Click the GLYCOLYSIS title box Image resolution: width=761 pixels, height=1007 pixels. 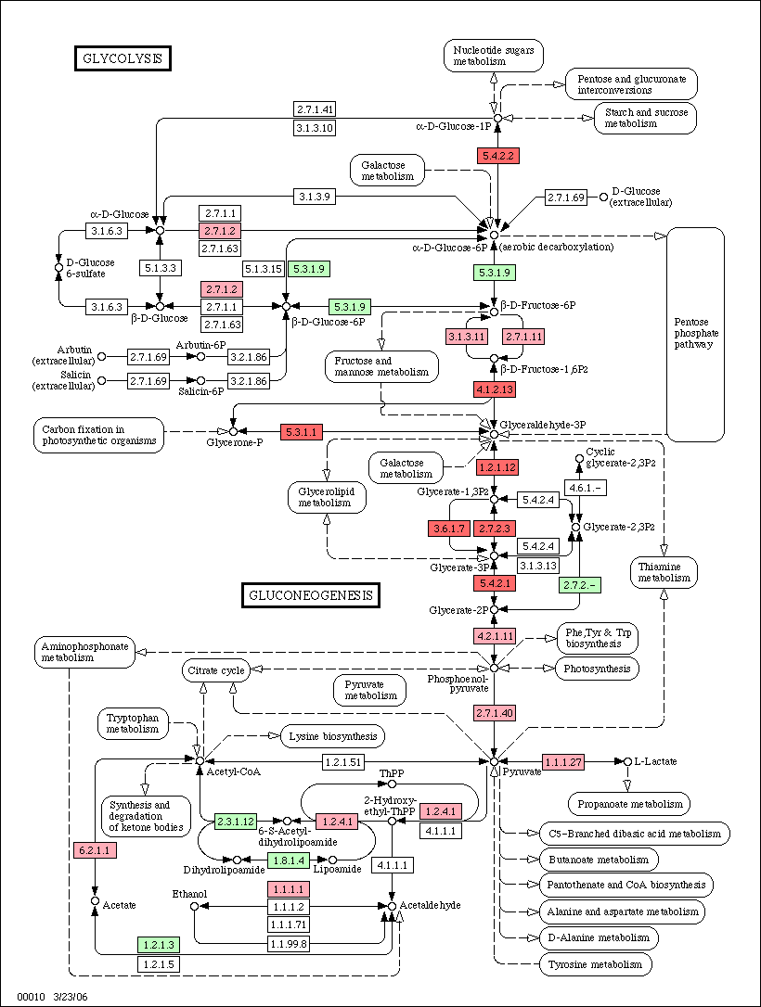click(x=123, y=57)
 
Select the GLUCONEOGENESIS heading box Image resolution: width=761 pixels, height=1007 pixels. click(x=311, y=595)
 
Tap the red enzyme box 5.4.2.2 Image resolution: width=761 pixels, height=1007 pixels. click(x=497, y=156)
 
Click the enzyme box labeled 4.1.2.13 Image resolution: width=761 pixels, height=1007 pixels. click(x=495, y=389)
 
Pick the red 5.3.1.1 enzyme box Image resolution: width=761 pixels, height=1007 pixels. click(x=302, y=431)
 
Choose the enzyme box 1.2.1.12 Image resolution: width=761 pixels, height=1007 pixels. click(x=497, y=467)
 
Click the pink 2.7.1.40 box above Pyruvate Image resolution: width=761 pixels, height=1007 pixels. click(x=495, y=713)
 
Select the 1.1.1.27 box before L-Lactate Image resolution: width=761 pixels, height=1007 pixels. click(x=563, y=762)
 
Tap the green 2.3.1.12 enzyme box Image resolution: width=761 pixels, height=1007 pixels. click(x=236, y=822)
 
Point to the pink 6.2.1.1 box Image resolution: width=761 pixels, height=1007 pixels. click(x=95, y=850)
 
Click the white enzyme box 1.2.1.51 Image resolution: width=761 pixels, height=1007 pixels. click(x=343, y=762)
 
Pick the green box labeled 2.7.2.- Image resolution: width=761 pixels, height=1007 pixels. click(x=580, y=584)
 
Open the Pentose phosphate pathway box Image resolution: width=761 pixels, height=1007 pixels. click(x=695, y=334)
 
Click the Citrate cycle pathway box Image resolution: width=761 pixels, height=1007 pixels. click(x=216, y=670)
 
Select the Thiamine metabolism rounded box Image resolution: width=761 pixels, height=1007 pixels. click(x=664, y=572)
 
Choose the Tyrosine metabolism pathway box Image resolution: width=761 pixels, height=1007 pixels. click(x=595, y=964)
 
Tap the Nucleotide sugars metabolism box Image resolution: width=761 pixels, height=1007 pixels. click(x=494, y=56)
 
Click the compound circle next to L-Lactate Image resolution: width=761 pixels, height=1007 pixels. click(x=627, y=761)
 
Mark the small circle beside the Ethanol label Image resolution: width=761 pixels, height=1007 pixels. click(x=195, y=906)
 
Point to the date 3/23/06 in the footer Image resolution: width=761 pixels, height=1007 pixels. click(x=71, y=997)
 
